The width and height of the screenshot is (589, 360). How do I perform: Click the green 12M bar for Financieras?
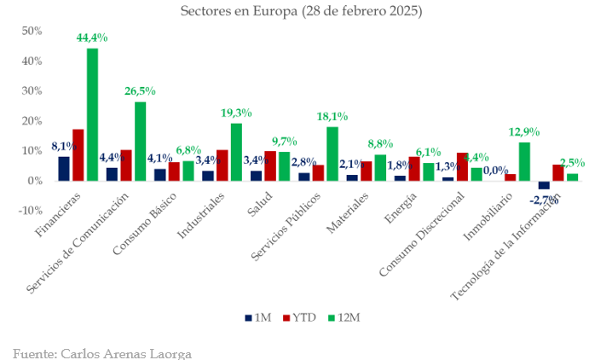[x=92, y=114]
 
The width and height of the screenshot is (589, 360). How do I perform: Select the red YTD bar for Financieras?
[x=78, y=155]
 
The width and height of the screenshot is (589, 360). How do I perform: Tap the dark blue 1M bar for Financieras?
[x=64, y=169]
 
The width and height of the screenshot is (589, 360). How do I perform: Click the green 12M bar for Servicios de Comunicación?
[x=141, y=142]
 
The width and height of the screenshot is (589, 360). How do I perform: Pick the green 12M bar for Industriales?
[x=236, y=152]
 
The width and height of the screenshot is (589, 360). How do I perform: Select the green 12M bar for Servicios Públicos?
[x=332, y=154]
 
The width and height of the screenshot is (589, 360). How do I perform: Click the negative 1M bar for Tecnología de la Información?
[x=544, y=185]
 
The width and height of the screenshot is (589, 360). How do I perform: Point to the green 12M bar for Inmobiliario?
[x=524, y=161]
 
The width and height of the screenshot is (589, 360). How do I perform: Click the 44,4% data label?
[x=92, y=38]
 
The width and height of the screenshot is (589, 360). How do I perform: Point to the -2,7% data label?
[x=543, y=200]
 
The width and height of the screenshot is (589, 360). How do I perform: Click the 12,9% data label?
[x=524, y=132]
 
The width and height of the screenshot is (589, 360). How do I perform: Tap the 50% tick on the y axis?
[x=32, y=31]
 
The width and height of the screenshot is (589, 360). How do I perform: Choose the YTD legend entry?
[x=299, y=317]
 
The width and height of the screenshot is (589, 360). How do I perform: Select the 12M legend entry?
[x=345, y=317]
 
